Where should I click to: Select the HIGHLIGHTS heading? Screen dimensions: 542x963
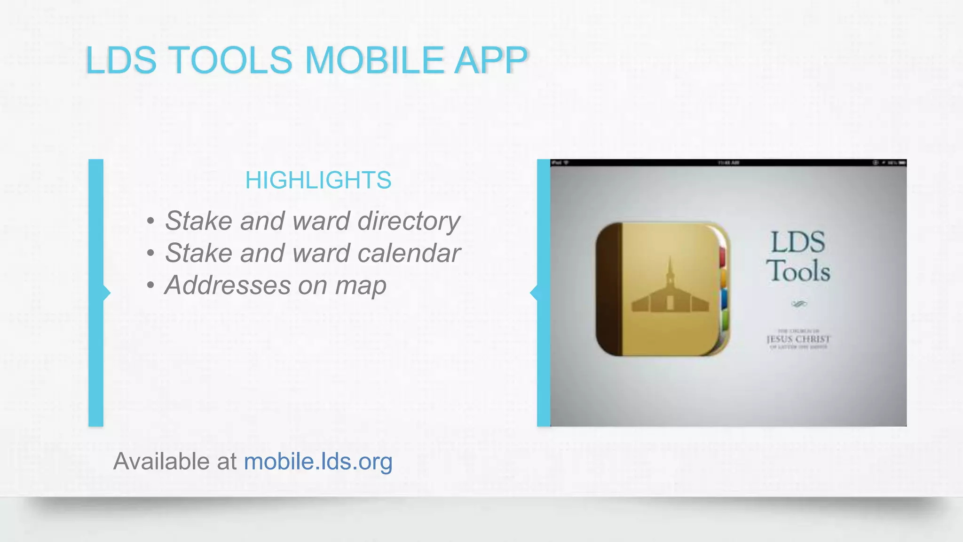point(318,180)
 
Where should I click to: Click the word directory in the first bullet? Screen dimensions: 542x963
point(409,221)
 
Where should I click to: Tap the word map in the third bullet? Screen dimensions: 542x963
point(361,286)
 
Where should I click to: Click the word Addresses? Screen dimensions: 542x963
point(228,286)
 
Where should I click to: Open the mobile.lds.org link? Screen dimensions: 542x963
point(318,461)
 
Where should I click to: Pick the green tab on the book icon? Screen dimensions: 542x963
point(725,320)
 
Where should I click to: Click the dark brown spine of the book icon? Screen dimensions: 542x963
point(609,289)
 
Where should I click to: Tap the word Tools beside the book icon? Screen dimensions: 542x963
point(798,271)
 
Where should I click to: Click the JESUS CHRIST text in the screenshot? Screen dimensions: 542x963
point(798,339)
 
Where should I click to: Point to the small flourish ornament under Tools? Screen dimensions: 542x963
point(799,304)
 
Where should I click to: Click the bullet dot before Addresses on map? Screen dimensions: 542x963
point(150,286)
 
